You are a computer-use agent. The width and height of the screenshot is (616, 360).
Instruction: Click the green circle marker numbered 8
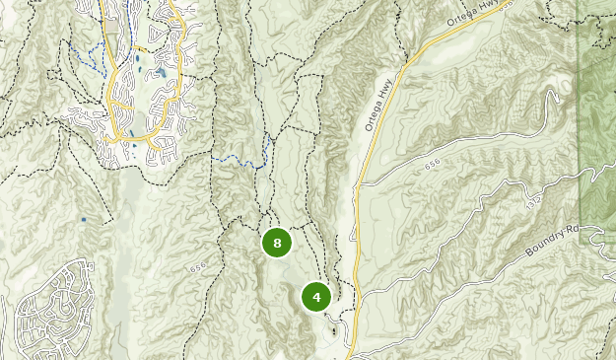pyautogui.click(x=277, y=242)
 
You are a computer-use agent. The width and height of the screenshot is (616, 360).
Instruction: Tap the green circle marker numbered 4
pyautogui.click(x=316, y=296)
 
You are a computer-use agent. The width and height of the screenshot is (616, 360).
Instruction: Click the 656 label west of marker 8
pyautogui.click(x=198, y=267)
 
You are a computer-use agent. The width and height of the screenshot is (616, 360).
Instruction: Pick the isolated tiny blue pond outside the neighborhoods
pyautogui.click(x=83, y=219)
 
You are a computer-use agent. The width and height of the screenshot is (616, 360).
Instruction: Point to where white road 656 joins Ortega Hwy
pyautogui.click(x=360, y=183)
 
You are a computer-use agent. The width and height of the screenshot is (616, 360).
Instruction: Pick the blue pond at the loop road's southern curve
pyautogui.click(x=134, y=145)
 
